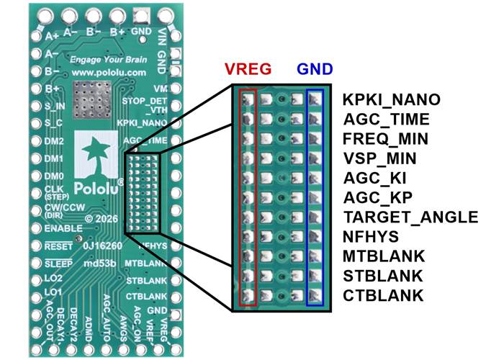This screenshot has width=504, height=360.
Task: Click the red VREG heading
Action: pyautogui.click(x=248, y=69)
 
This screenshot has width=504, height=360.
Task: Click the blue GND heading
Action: pyautogui.click(x=315, y=69)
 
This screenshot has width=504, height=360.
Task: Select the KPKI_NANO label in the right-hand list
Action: pyautogui.click(x=391, y=100)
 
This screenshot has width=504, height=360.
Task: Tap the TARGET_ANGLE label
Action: pyautogui.click(x=410, y=217)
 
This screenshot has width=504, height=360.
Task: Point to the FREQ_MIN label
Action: pyautogui.click(x=385, y=139)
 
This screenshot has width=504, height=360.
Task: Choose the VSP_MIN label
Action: pyautogui.click(x=379, y=158)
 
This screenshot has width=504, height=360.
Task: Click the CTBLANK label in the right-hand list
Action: pyautogui.click(x=383, y=295)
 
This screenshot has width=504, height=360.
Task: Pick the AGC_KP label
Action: pyautogui.click(x=378, y=197)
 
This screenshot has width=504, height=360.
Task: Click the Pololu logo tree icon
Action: pyautogui.click(x=96, y=154)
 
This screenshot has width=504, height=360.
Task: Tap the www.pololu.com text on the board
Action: pyautogui.click(x=109, y=73)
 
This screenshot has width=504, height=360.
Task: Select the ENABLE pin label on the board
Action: pyautogui.click(x=63, y=228)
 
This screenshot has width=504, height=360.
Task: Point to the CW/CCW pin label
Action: pyautogui.click(x=65, y=207)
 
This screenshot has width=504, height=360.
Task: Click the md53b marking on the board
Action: pyautogui.click(x=99, y=264)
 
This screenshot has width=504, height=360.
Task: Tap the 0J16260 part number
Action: pyautogui.click(x=98, y=246)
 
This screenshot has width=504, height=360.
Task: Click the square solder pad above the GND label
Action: pyautogui.click(x=141, y=15)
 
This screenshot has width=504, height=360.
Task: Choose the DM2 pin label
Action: pyautogui.click(x=54, y=141)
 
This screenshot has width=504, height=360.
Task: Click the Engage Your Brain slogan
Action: pyautogui.click(x=109, y=60)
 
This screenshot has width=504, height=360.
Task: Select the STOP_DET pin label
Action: pyautogui.click(x=145, y=102)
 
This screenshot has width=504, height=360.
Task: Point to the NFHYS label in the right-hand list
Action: pyautogui.click(x=371, y=237)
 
